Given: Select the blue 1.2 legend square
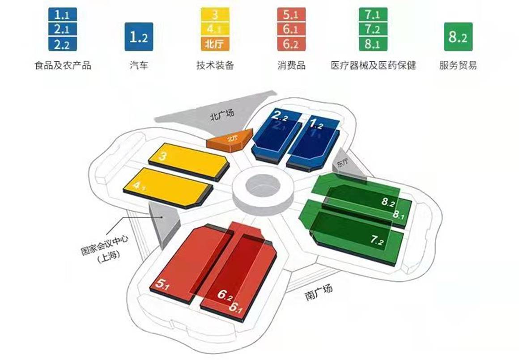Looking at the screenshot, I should pyautogui.click(x=139, y=36).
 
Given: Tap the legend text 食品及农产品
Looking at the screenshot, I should pyautogui.click(x=63, y=65).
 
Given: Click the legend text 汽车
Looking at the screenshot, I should pyautogui.click(x=139, y=65).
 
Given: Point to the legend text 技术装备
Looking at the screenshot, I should pyautogui.click(x=215, y=65).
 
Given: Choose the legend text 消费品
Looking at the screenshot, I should pyautogui.click(x=291, y=65).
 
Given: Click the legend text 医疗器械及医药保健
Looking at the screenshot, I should pyautogui.click(x=373, y=65).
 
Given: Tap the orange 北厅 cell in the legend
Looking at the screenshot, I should pyautogui.click(x=215, y=45).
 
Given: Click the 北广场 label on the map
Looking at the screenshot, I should pyautogui.click(x=222, y=116).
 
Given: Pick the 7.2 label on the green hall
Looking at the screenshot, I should pyautogui.click(x=377, y=241).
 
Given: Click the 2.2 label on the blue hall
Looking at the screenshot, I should pyautogui.click(x=280, y=119).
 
